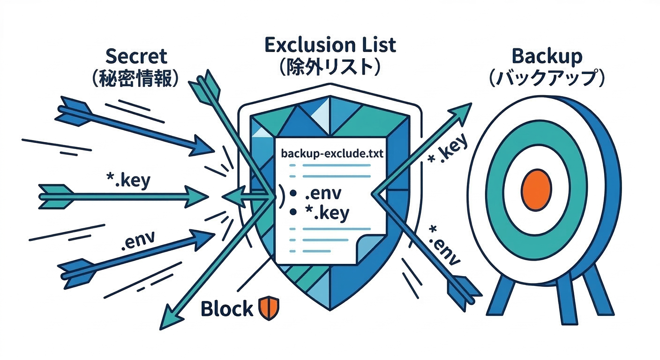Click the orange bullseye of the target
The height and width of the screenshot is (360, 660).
point(536,189)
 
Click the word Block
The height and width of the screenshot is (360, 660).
point(226,309)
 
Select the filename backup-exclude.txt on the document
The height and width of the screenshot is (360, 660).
point(332,154)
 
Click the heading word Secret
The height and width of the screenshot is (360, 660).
point(136,56)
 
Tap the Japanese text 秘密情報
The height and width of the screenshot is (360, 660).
point(136,78)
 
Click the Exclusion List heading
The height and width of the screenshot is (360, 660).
point(330,45)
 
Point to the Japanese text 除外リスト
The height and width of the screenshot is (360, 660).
point(330,67)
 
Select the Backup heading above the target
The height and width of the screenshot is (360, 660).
point(547,56)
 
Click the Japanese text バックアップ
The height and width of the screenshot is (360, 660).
point(547,78)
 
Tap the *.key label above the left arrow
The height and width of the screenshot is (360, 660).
point(127,180)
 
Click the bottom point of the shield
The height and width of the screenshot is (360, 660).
point(330,309)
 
